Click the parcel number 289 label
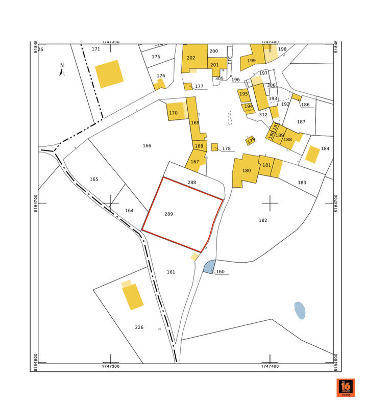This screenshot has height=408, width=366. [169, 214]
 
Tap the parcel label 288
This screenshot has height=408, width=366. [191, 182]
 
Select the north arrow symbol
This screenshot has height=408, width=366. [62, 69]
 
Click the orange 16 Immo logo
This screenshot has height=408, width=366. [345, 388]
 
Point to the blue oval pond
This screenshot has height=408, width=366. [300, 310]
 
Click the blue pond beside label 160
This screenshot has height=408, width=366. [208, 267]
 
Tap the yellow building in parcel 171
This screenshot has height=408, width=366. [110, 74]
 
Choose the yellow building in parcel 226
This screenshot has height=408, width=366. [133, 297]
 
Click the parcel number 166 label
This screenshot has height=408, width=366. [147, 146]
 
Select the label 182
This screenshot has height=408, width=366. [263, 220]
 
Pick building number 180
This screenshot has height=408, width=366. [247, 171]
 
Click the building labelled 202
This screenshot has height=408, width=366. [191, 58]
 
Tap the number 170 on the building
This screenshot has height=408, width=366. [173, 113]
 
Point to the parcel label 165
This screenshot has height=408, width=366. [93, 179]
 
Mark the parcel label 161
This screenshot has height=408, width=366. [171, 272]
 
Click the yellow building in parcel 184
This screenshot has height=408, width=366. [312, 154]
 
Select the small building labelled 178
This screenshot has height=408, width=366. [215, 147]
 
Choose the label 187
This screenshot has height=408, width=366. [301, 122]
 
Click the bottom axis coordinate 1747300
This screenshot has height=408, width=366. [110, 366]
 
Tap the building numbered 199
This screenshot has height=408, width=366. [251, 60]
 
